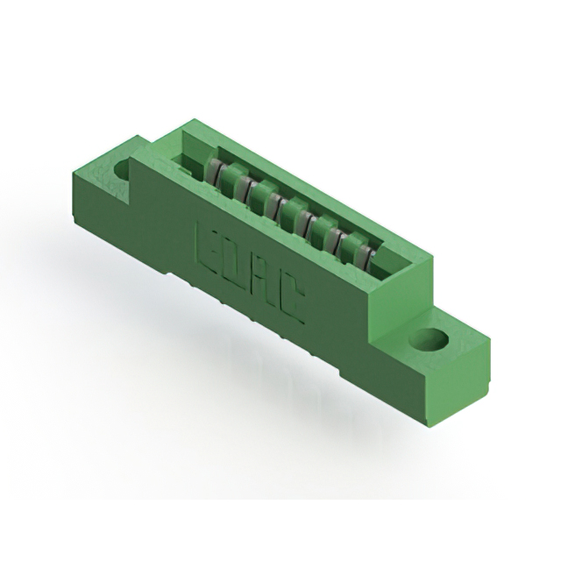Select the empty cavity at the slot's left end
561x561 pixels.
point(191,159)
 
